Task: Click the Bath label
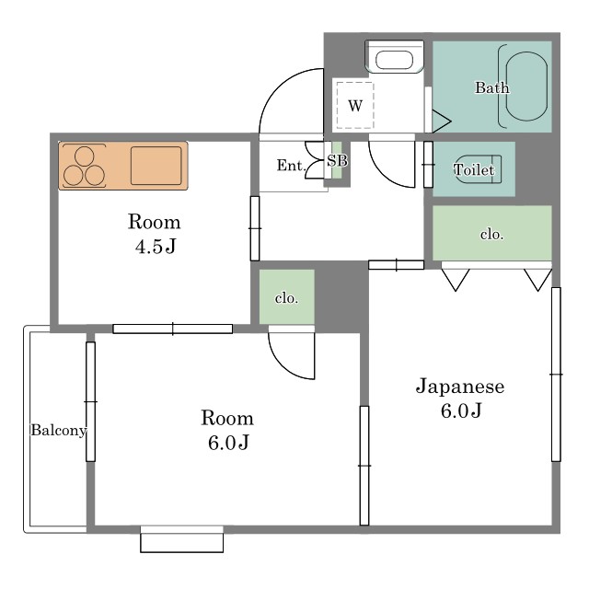(x=492, y=87)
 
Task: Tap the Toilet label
(x=474, y=169)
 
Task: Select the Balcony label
(x=59, y=430)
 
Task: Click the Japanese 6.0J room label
(x=460, y=398)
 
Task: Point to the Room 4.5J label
(x=155, y=234)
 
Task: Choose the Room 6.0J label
(x=227, y=430)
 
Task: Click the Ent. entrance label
(x=291, y=166)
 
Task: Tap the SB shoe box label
(x=337, y=161)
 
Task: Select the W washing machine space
(x=355, y=106)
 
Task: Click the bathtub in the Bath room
(x=526, y=86)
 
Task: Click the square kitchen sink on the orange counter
(x=156, y=166)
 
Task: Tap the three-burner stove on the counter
(x=84, y=166)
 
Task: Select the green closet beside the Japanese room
(x=492, y=233)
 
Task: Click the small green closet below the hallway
(x=286, y=296)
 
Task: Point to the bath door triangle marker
(x=441, y=121)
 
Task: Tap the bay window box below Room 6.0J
(x=182, y=539)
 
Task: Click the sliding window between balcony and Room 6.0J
(x=90, y=401)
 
